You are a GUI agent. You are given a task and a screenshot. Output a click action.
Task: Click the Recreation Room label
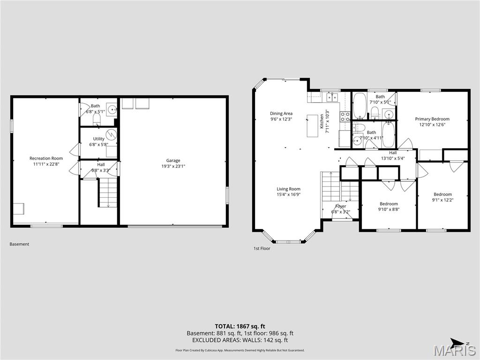click(46, 158)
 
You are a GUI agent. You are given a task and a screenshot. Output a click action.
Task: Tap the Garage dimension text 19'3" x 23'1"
click(173, 166)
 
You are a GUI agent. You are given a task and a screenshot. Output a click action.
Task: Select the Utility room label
click(98, 139)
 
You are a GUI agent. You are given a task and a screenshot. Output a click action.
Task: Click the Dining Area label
click(281, 113)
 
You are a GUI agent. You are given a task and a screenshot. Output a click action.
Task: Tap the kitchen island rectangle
click(313, 125)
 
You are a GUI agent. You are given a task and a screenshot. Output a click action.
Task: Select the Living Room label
click(288, 189)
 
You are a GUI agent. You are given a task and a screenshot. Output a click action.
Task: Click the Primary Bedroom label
click(432, 119)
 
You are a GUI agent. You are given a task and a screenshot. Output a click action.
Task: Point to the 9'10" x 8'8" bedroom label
click(389, 204)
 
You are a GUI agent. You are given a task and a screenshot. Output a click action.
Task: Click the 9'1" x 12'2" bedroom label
click(442, 195)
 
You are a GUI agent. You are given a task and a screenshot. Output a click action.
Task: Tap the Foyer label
click(341, 206)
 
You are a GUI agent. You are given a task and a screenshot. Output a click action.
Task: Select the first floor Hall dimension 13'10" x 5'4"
click(393, 158)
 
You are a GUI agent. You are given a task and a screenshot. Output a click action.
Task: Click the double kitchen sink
click(332, 97)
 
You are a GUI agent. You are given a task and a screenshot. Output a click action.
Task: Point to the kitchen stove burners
click(345, 116)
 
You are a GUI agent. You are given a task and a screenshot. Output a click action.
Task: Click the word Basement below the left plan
click(19, 244)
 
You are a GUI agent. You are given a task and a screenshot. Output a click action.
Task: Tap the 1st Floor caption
click(262, 248)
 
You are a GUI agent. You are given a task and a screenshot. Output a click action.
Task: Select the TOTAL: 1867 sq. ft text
click(240, 326)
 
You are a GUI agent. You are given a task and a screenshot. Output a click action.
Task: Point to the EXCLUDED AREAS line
click(240, 340)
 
